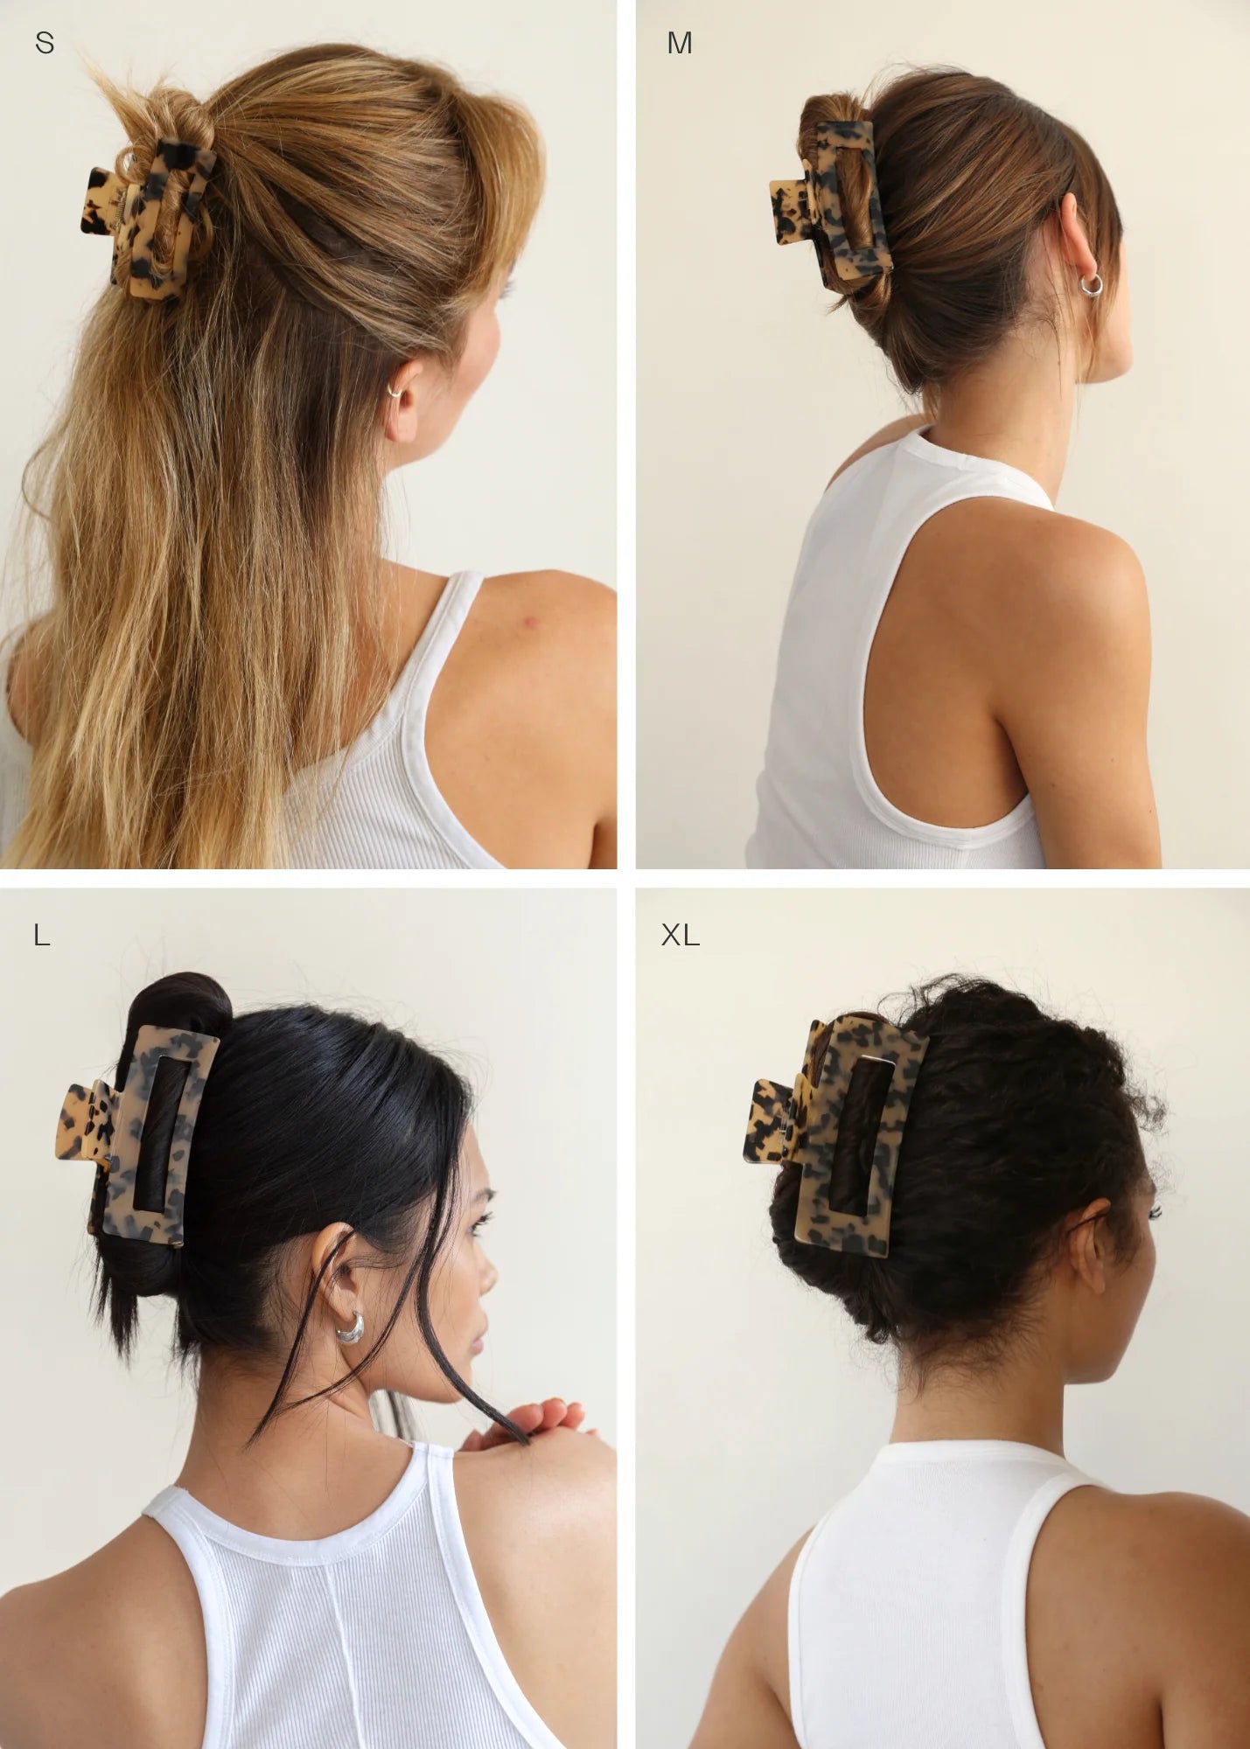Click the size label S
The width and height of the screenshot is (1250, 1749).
tap(45, 42)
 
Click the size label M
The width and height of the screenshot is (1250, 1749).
tap(679, 42)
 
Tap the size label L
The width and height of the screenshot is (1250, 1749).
tap(41, 935)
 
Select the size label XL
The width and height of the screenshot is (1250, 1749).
tap(680, 935)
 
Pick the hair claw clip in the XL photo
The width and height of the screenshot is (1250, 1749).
tap(835, 1132)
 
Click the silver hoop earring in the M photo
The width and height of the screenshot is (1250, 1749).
tap(1091, 285)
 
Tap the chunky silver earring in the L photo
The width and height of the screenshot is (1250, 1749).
tap(350, 1327)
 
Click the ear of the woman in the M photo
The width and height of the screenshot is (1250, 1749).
tap(1079, 240)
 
